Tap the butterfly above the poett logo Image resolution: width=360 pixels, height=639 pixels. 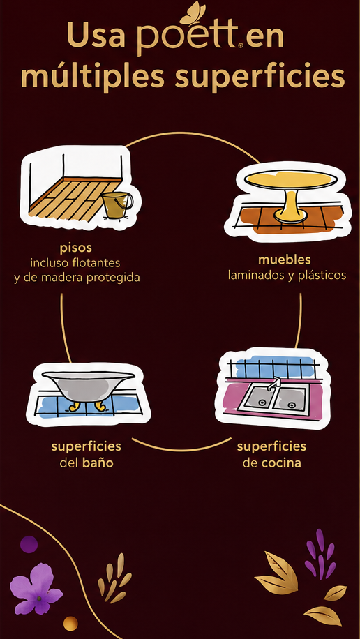coord(192,13)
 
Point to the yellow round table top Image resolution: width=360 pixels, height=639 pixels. coord(291,179)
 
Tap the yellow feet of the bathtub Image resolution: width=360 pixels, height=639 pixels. coord(87,406)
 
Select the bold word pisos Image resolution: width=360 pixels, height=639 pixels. coord(75,248)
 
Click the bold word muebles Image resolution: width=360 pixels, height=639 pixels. coord(284,260)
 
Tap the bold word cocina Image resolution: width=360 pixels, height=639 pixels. coord(281,463)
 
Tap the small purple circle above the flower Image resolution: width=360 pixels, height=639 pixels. coord(29,544)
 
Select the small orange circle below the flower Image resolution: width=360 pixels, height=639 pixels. coord(70,624)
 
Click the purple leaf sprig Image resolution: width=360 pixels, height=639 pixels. coord(321,554)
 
